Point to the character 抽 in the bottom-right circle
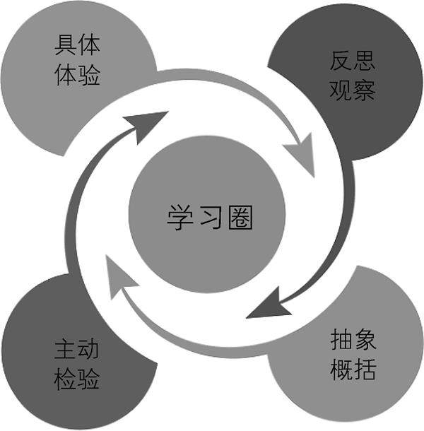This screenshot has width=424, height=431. [341, 341]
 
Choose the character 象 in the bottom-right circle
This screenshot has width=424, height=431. [365, 341]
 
